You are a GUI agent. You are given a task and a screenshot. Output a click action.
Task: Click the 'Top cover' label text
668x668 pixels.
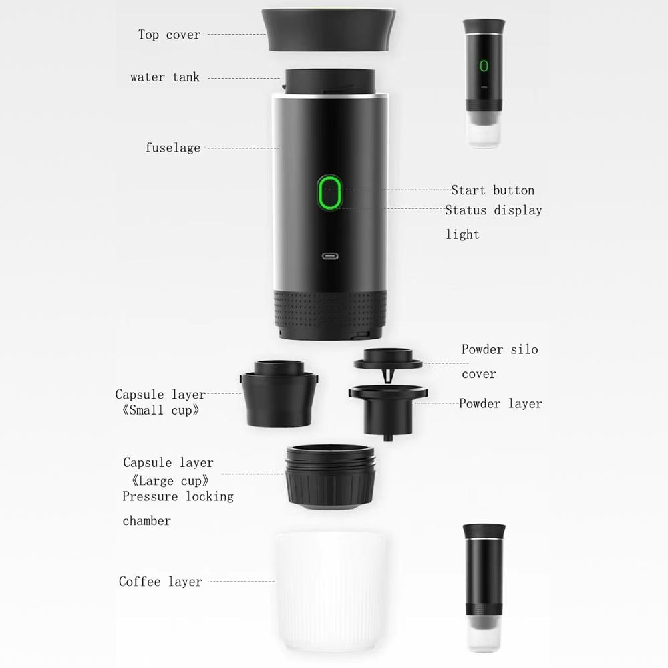point(169,35)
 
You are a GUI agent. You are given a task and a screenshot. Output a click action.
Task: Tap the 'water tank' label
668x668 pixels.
point(164,77)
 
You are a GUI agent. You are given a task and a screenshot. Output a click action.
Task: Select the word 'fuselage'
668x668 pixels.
point(172,148)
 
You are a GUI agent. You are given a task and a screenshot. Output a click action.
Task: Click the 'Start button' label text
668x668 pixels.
point(492,190)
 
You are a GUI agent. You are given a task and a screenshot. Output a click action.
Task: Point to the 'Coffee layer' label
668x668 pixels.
point(160,582)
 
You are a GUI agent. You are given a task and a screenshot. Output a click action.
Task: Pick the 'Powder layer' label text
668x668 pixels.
point(500,403)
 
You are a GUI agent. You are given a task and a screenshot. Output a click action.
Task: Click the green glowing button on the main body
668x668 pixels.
point(329,192)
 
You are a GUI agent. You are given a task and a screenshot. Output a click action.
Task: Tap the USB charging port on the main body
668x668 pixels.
point(330,256)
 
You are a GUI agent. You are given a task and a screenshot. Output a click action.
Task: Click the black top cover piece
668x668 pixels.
point(329,29)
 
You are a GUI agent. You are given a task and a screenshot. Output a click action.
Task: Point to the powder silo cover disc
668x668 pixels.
point(388,359)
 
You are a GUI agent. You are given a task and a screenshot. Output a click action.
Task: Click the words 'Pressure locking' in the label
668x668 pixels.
point(178,496)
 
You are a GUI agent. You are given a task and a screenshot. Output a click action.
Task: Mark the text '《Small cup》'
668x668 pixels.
point(160,410)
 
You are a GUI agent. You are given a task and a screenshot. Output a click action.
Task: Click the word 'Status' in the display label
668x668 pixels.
point(466,210)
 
